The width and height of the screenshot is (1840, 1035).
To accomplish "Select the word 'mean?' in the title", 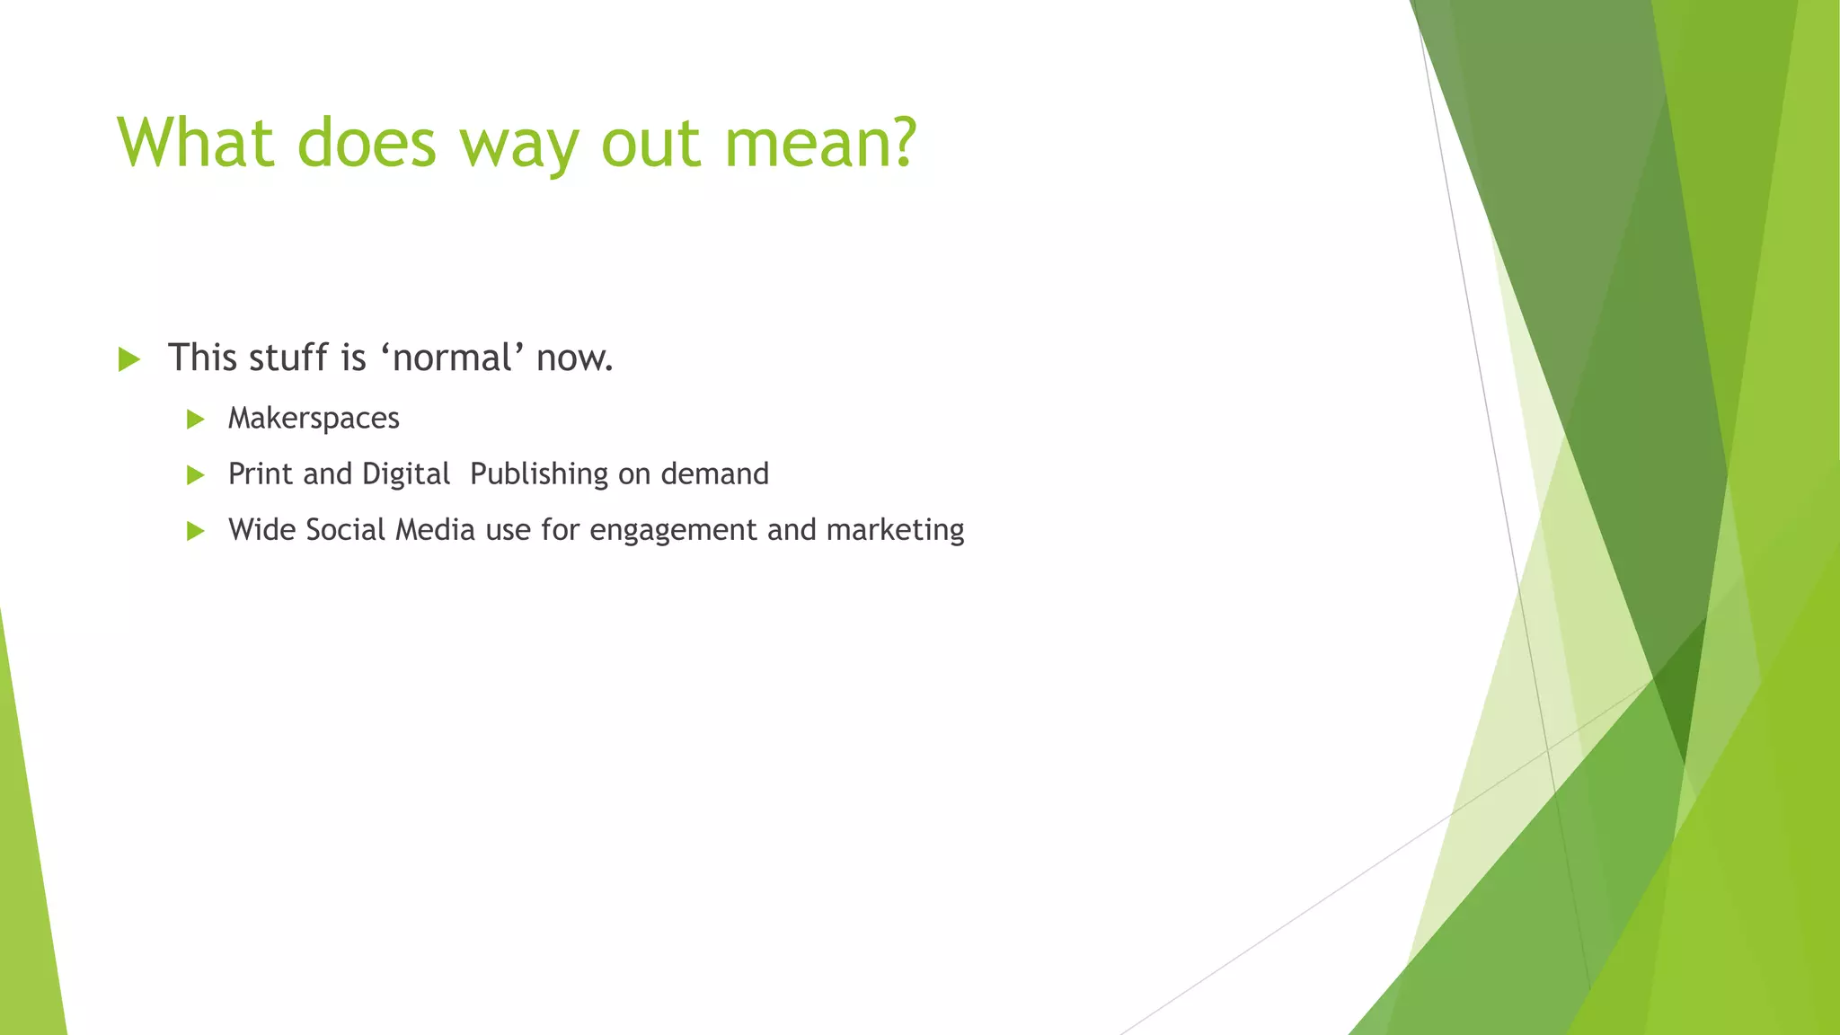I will pos(819,142).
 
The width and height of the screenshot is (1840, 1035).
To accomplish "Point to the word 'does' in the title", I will pos(367,142).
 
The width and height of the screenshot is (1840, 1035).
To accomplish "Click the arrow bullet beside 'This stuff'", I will pos(129,360).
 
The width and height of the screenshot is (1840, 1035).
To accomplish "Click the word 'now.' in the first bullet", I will pos(575,358).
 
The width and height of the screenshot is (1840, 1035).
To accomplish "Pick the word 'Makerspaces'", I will pos(314,419).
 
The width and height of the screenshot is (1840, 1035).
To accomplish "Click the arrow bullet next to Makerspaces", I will pos(195,420).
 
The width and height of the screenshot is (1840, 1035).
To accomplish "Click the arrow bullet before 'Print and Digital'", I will pos(195,475).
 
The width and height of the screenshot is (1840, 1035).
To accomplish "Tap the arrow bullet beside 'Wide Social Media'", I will pos(195,531).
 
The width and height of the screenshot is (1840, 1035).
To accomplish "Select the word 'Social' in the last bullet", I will pos(345,529).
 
